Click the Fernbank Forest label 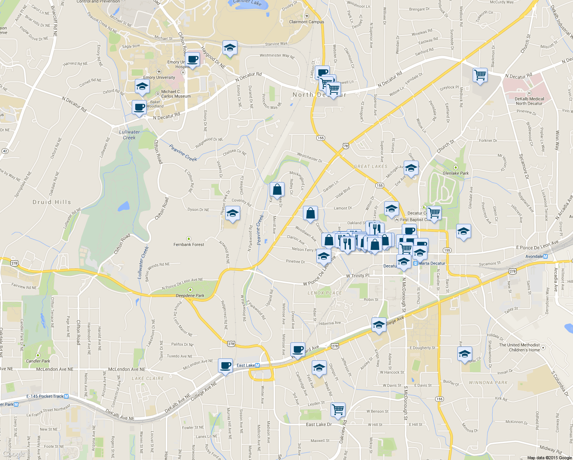tap(188, 244)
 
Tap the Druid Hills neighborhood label tap(52, 202)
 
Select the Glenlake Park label tap(455, 173)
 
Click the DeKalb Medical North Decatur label tap(529, 101)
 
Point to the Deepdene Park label tap(190, 295)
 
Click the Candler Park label tap(38, 361)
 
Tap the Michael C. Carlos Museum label tap(176, 94)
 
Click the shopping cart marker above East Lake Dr tap(338, 409)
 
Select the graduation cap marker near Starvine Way tap(230, 48)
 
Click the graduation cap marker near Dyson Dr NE tap(232, 214)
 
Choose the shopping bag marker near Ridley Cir tap(277, 189)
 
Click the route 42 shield tap(5, 151)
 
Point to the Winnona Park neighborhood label tap(488, 383)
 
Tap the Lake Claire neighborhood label tap(147, 378)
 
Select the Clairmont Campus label tap(306, 22)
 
